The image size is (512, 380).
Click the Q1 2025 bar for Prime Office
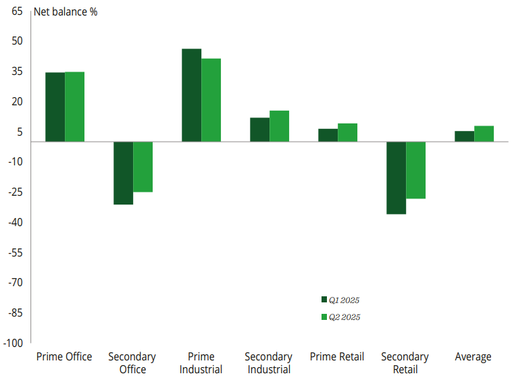pos(55,107)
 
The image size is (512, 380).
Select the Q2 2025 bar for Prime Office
pos(75,107)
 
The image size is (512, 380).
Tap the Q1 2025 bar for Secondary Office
pos(123,173)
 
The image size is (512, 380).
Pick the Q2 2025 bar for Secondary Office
pos(143,167)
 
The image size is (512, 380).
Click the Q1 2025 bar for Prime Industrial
pos(192,95)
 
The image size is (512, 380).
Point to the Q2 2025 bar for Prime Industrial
pos(211,100)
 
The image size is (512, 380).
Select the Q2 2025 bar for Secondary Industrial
pos(280,126)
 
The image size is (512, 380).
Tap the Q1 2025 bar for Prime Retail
pos(328,135)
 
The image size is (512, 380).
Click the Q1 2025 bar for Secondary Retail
pos(396,178)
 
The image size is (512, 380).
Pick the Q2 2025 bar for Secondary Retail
pos(415,170)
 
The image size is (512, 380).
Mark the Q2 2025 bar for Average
pos(484,134)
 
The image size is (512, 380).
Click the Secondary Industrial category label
pos(268,362)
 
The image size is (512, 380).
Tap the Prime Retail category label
pos(336,356)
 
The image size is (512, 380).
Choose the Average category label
pos(473,356)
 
